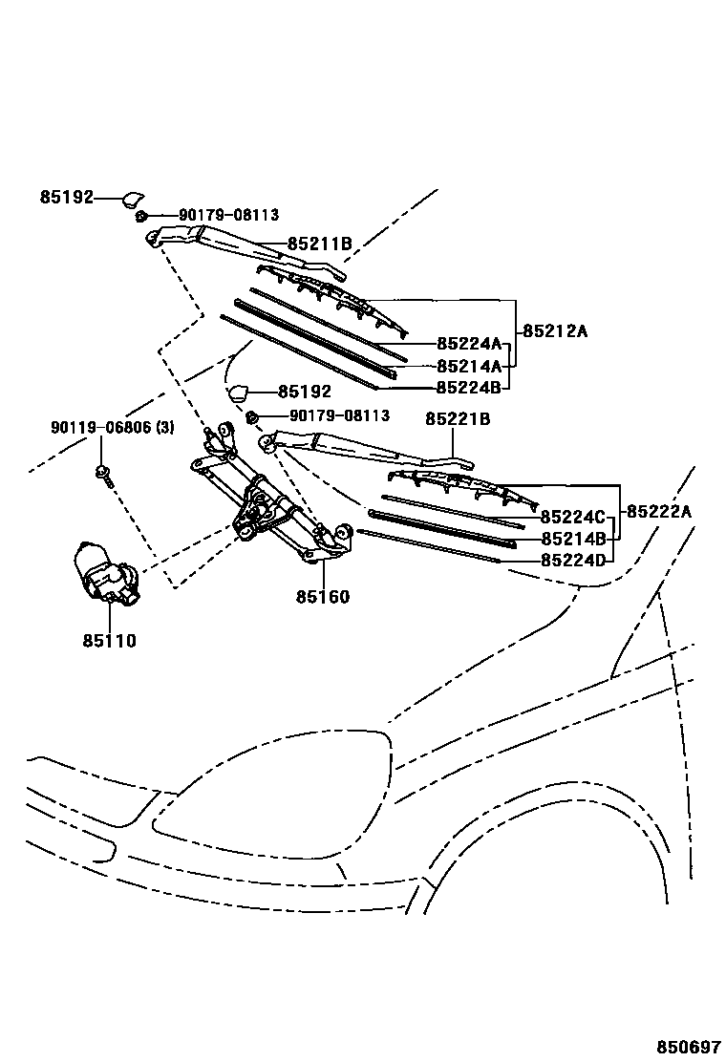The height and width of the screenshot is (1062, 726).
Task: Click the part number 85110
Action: click(x=109, y=641)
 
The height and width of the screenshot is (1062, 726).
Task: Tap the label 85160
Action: click(x=322, y=597)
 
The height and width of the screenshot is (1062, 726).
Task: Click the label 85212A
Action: click(x=555, y=331)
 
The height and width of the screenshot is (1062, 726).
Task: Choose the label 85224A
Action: click(x=469, y=344)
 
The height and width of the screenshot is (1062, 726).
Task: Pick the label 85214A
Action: click(x=469, y=366)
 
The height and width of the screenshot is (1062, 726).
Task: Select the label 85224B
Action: click(x=469, y=388)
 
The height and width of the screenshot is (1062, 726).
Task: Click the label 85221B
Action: click(x=458, y=418)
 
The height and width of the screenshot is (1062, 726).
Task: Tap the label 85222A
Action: click(x=659, y=511)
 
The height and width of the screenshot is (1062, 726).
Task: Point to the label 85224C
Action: click(x=573, y=517)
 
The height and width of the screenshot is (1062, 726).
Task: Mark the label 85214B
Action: click(x=573, y=539)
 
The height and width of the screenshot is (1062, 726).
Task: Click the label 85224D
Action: click(x=573, y=561)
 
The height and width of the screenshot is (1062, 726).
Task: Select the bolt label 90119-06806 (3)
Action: click(x=113, y=427)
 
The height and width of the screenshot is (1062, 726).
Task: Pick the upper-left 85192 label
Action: click(x=67, y=198)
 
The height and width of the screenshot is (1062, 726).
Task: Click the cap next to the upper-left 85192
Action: click(x=130, y=198)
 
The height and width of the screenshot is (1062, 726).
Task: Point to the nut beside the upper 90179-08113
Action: click(x=140, y=217)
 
